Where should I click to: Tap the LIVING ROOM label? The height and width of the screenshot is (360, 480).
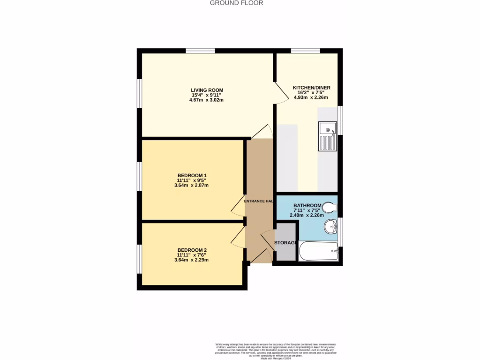pyautogui.click(x=207, y=90)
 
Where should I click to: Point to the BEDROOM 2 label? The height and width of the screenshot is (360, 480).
pyautogui.click(x=192, y=250)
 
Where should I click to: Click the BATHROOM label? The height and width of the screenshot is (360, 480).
pyautogui.click(x=307, y=206)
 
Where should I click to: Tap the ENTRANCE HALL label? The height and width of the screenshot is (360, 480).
pyautogui.click(x=259, y=201)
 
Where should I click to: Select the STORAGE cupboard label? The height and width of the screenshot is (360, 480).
pyautogui.click(x=285, y=242)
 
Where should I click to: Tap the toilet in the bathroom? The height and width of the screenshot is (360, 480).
pyautogui.click(x=331, y=207)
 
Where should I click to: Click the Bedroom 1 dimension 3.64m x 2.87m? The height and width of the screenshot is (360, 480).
pyautogui.click(x=191, y=185)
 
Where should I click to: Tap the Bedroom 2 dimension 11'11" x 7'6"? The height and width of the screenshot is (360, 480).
pyautogui.click(x=192, y=255)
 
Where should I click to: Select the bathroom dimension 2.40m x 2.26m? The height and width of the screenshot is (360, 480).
pyautogui.click(x=307, y=216)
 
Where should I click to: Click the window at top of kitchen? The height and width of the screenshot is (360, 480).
pyautogui.click(x=305, y=51)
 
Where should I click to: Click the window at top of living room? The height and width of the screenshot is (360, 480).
pyautogui.click(x=200, y=51)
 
